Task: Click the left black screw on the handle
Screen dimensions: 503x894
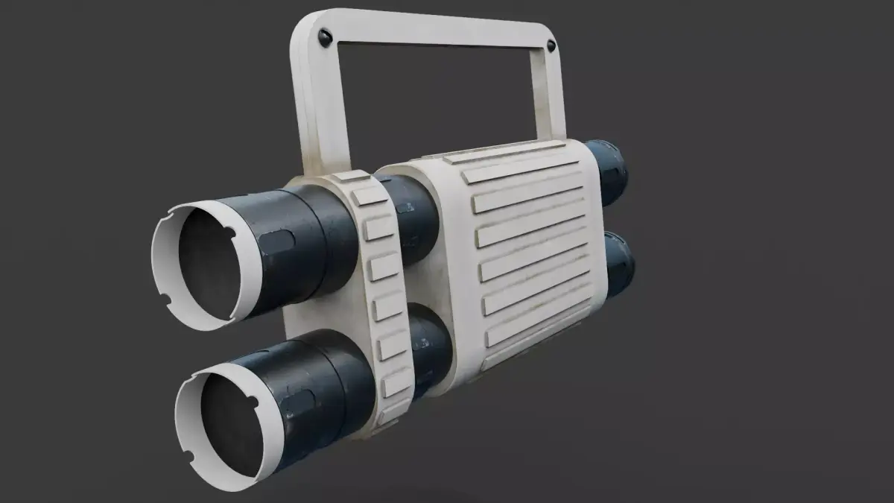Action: click(x=324, y=36)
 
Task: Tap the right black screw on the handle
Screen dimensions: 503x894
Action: click(x=551, y=46)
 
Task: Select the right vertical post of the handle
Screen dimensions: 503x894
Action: click(x=548, y=97)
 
